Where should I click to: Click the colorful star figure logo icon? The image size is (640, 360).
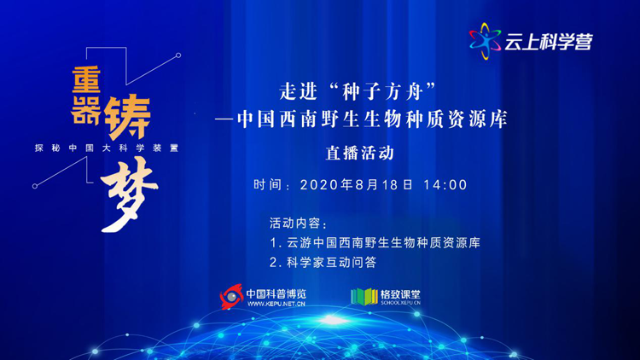tap(485, 41)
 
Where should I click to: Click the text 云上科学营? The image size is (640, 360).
tap(549, 42)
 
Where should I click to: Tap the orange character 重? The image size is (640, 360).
tap(86, 79)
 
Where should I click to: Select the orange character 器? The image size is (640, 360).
tap(86, 110)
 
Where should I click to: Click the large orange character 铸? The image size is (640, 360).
tap(127, 117)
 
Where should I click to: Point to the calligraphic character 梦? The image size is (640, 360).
tap(129, 195)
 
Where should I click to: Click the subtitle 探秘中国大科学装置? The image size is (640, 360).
tap(107, 148)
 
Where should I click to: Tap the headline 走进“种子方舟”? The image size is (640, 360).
tap(358, 91)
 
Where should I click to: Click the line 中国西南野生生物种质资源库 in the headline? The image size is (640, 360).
tap(372, 119)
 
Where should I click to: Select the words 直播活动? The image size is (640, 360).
tap(360, 153)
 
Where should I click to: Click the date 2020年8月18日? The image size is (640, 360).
tap(357, 185)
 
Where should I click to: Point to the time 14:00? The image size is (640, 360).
tap(445, 185)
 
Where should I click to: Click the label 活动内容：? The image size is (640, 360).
tap(299, 224)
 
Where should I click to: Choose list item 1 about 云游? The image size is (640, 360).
tap(375, 243)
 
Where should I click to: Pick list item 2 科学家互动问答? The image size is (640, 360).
tap(323, 263)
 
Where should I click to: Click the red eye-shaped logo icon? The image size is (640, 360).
tap(231, 297)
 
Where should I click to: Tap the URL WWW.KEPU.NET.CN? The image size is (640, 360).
tap(276, 304)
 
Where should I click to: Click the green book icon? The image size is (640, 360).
tap(364, 297)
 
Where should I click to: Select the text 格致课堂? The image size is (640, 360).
tap(400, 294)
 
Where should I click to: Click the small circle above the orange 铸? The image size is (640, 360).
tap(178, 55)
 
